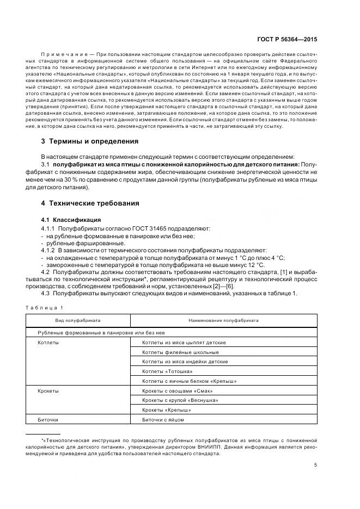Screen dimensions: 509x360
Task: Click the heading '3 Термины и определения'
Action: click(x=90, y=141)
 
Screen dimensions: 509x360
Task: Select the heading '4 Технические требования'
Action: click(x=90, y=203)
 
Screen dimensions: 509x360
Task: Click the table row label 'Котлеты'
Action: click(x=48, y=343)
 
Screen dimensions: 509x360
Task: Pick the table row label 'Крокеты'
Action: click(x=48, y=391)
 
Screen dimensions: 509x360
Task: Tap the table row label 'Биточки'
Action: click(x=48, y=420)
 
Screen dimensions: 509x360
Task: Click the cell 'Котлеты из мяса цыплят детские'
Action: click(x=184, y=343)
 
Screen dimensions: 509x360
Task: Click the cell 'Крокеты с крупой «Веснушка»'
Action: click(x=180, y=401)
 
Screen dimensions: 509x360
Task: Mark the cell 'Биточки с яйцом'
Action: click(x=163, y=420)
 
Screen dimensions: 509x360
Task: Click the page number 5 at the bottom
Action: click(x=316, y=465)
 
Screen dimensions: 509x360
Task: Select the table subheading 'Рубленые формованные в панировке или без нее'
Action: click(x=101, y=333)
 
